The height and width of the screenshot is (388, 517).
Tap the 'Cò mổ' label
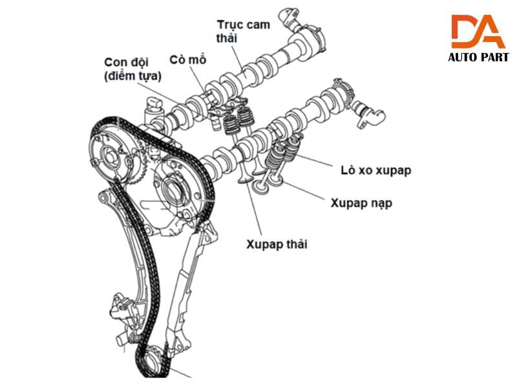point(187,59)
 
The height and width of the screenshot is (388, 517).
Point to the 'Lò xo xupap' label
point(375,170)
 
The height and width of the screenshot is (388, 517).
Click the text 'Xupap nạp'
point(361,202)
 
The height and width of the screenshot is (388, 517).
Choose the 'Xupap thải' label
point(277,244)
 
